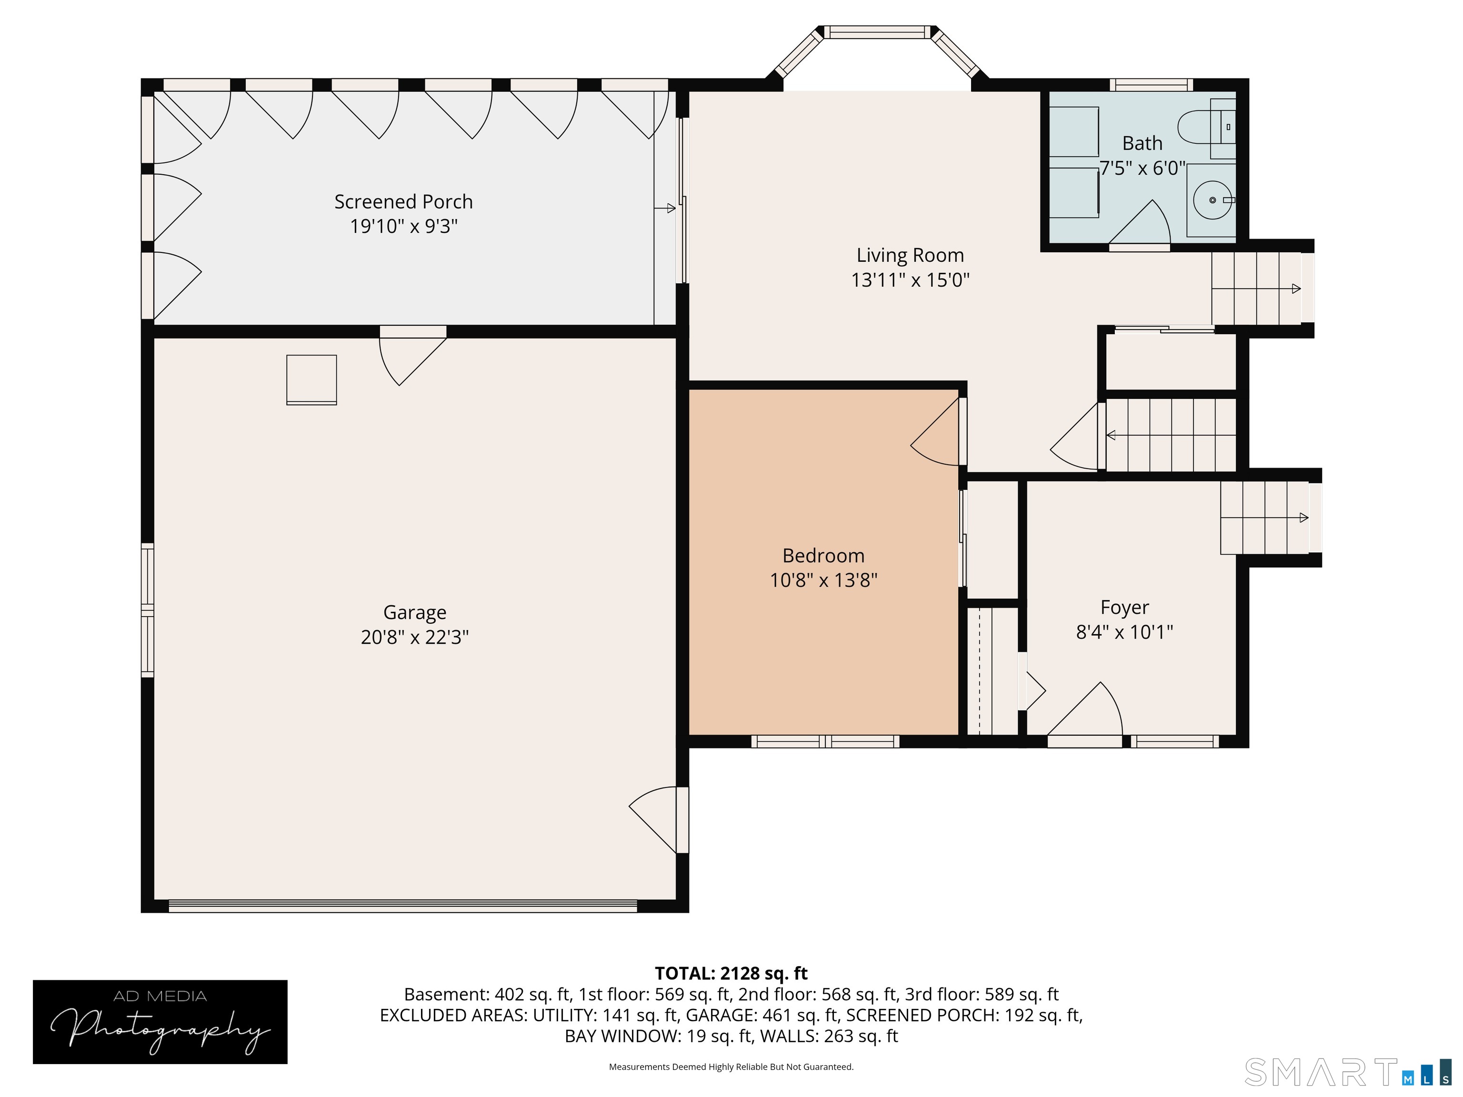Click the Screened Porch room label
403,202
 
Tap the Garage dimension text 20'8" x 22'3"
415,637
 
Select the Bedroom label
823,556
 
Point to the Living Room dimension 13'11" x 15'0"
910,279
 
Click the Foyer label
1124,607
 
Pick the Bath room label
1142,143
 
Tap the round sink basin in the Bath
1212,199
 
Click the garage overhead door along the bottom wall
403,906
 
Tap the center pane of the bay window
878,32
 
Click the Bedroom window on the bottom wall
825,742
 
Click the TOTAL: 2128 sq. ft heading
731,973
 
